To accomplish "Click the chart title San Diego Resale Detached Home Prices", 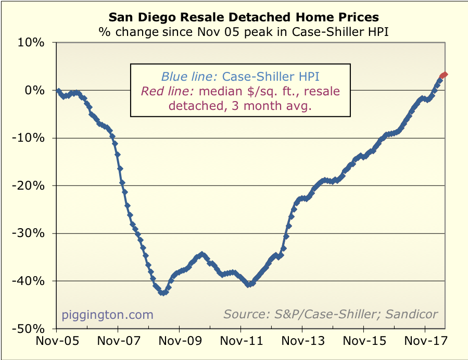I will click(244, 17).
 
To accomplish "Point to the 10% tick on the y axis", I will click(31, 43).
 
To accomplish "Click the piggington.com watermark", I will click(108, 315).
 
